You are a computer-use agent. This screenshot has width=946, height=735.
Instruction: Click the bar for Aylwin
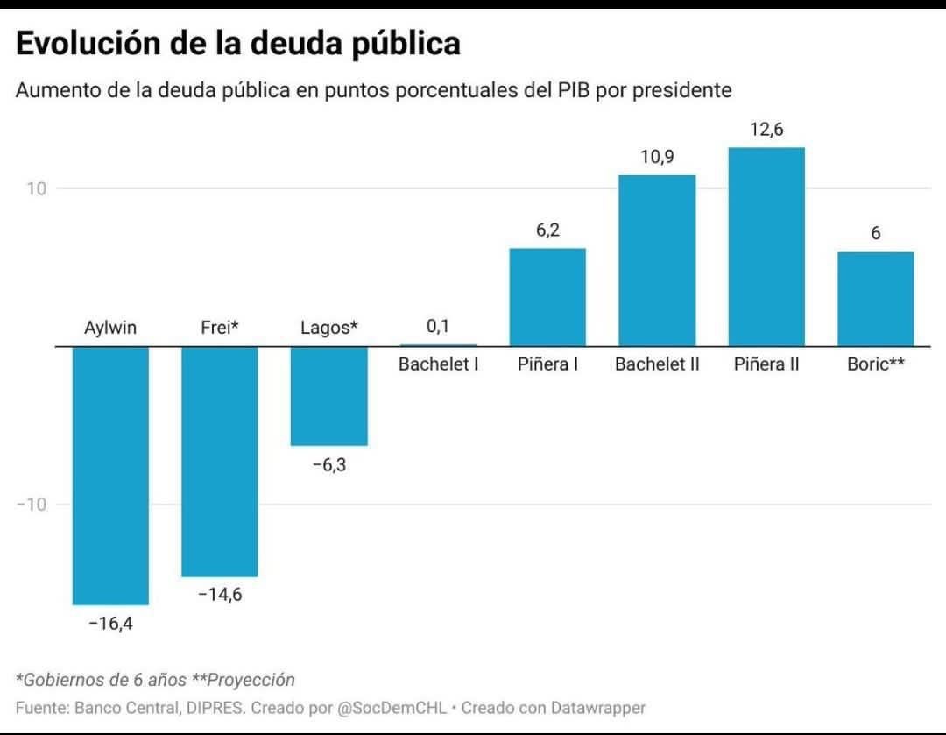tap(110, 475)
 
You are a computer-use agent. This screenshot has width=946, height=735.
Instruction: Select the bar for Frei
tap(219, 461)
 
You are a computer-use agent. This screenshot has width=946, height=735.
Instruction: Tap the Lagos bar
tap(328, 396)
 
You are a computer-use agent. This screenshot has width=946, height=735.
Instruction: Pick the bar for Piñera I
tap(547, 297)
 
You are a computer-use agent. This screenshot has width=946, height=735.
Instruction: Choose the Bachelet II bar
tap(657, 260)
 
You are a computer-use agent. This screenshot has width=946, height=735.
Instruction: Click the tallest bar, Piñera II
tap(766, 246)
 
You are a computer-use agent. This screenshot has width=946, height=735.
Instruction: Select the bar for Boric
tap(875, 299)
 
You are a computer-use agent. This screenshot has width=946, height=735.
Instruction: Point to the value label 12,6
tap(766, 130)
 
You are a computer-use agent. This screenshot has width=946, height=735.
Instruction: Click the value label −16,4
tap(110, 624)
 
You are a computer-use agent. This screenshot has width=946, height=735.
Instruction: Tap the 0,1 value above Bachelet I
tap(438, 327)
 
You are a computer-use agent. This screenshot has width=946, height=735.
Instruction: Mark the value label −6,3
tap(328, 465)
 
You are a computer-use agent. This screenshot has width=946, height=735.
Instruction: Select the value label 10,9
tap(657, 158)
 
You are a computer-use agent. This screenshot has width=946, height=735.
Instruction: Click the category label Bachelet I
tap(438, 364)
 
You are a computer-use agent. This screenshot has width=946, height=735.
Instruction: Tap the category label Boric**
tap(875, 364)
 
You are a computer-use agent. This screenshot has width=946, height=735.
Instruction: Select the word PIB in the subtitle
tap(570, 90)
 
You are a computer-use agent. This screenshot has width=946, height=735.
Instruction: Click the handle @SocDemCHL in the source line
tap(391, 707)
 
